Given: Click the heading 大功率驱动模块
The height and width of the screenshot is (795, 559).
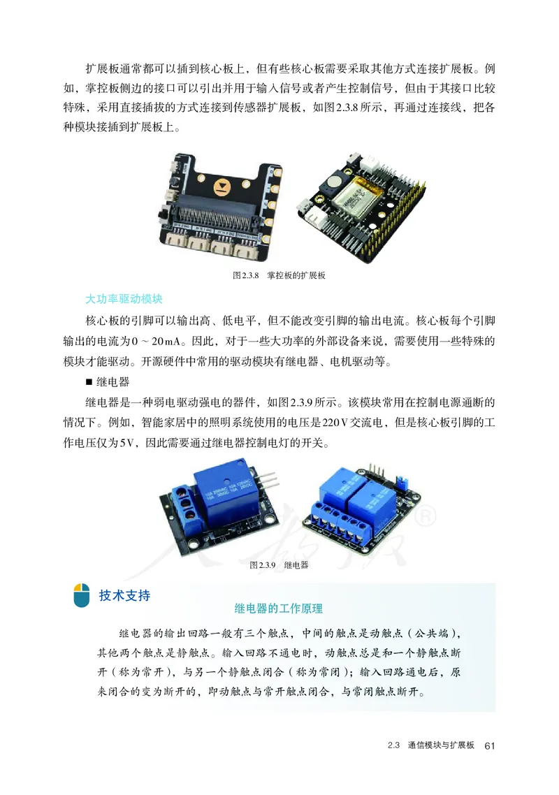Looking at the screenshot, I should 123,300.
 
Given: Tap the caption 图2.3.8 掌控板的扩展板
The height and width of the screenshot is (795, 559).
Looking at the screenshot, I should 279,275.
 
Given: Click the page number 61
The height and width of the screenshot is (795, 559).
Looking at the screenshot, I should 489,745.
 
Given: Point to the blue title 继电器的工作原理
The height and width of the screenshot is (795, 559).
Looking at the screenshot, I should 279,608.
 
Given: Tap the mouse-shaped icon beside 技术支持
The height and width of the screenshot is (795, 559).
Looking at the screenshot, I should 81,596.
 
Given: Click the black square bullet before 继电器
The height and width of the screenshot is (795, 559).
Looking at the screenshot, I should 89,382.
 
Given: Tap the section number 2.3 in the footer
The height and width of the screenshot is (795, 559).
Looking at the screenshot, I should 393,745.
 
